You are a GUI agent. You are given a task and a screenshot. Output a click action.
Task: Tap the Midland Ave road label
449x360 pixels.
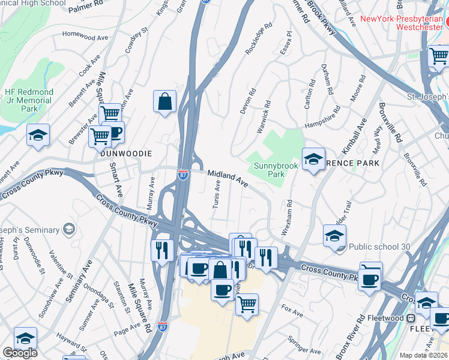228,177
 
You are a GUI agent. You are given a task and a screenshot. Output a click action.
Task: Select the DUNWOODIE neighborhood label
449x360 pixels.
126,154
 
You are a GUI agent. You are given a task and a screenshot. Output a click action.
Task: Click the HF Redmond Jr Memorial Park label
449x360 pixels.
29,100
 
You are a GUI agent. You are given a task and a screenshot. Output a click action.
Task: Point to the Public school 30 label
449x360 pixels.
379,246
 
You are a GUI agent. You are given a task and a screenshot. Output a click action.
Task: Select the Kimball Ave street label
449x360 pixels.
355,137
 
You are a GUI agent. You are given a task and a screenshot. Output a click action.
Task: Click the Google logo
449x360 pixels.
20,353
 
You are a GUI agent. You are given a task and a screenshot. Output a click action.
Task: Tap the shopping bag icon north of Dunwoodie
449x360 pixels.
164,102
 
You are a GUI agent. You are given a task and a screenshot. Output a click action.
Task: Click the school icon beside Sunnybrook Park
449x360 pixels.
313,160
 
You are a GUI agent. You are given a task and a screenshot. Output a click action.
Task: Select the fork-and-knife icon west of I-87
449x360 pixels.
162,249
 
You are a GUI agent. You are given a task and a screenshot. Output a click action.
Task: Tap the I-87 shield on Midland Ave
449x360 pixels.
183,174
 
